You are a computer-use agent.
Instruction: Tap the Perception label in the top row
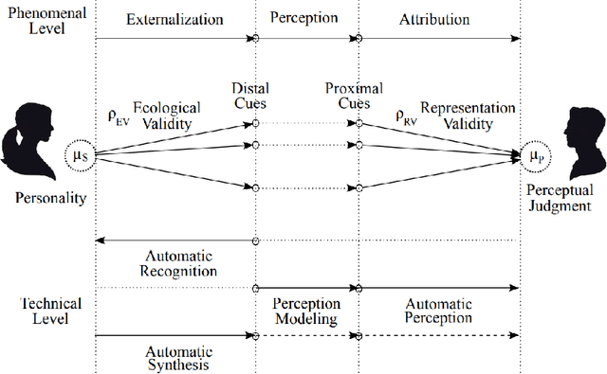(x=305, y=18)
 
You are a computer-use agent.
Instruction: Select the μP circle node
(x=536, y=153)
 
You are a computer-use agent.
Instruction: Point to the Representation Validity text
(x=468, y=116)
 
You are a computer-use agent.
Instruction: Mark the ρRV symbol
(x=405, y=116)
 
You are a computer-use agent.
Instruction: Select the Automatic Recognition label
(x=179, y=263)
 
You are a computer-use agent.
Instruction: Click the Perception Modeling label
(x=306, y=312)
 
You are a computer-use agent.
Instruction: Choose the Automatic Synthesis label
(x=177, y=357)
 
